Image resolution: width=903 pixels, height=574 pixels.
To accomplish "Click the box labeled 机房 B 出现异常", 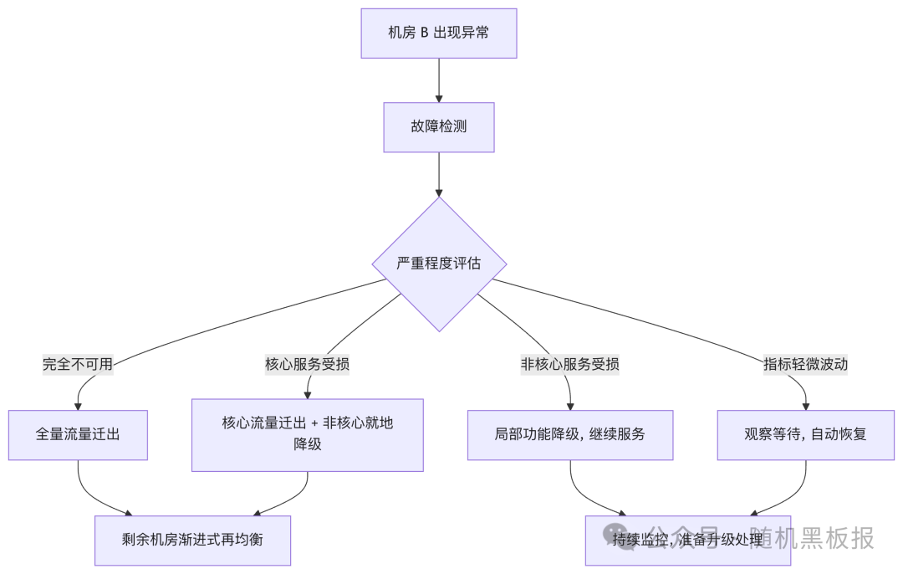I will tap(439, 33).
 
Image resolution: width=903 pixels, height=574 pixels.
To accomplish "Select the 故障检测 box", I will tap(439, 127).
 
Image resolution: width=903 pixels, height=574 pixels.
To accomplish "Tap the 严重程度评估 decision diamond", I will tap(439, 264).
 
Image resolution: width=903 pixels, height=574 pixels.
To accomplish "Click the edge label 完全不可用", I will tap(78, 364).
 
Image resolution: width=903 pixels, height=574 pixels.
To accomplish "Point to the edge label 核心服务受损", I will tap(308, 364).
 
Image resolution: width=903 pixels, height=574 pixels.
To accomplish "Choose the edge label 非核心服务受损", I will tap(570, 364).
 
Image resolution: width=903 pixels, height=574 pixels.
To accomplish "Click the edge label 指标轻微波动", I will tap(806, 364).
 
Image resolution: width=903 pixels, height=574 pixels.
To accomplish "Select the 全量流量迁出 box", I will tap(79, 435).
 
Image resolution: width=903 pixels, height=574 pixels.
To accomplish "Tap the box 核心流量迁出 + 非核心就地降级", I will tap(308, 434).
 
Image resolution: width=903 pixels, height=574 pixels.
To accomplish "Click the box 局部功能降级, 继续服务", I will tap(570, 435).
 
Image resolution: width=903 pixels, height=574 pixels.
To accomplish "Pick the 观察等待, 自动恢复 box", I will tap(806, 435).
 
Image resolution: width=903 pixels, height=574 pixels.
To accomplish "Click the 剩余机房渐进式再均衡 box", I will tap(192, 540).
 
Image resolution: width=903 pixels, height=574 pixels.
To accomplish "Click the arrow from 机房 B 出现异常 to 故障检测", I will tap(439, 80).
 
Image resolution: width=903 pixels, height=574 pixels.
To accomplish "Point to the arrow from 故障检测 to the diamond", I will tap(439, 174).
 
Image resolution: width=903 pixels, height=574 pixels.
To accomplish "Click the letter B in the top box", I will tap(423, 33).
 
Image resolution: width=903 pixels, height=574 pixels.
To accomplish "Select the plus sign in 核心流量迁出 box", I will tap(314, 423).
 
